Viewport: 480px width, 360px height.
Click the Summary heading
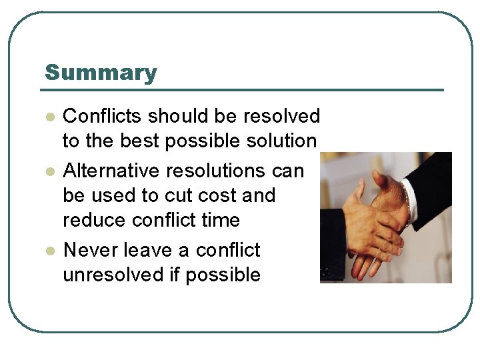101,73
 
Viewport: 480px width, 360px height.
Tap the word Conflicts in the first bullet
103,116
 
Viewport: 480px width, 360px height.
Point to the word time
220,220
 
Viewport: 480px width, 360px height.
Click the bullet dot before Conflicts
49,117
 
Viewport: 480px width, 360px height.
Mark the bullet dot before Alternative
49,171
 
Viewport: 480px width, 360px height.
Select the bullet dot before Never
49,251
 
